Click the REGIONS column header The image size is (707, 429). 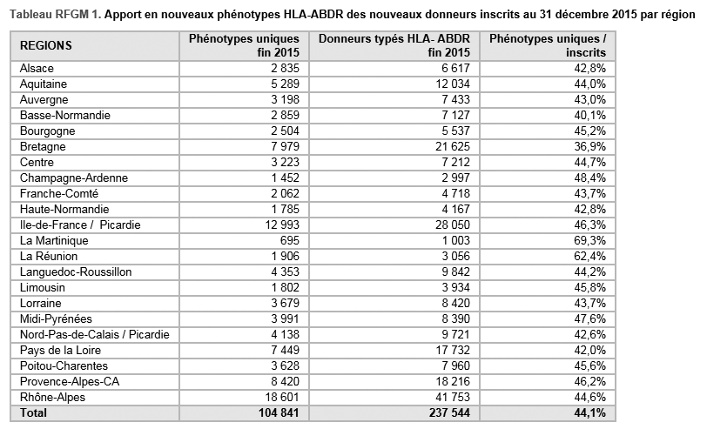[x=46, y=45]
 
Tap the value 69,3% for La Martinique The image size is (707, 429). [x=589, y=240]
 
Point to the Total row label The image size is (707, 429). [x=35, y=412]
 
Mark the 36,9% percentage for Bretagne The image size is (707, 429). [x=589, y=146]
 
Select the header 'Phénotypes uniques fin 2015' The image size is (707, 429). [x=245, y=45]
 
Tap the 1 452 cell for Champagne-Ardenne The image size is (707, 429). [x=284, y=178]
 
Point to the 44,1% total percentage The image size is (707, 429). [x=587, y=412]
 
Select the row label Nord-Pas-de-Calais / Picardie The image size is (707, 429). [x=94, y=334]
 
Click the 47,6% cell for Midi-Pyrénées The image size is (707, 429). [x=589, y=318]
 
